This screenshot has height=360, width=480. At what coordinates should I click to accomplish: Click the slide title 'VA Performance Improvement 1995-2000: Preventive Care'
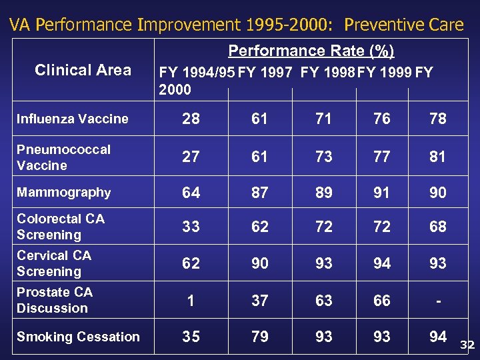pyautogui.click(x=237, y=25)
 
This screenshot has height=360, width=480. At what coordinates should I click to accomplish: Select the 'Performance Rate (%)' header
pyautogui.click(x=311, y=51)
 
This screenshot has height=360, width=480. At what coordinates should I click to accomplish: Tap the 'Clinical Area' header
pyautogui.click(x=83, y=70)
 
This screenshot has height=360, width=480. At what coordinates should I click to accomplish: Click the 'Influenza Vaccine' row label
pyautogui.click(x=73, y=119)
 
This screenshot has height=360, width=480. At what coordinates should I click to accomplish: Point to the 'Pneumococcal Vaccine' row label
pyautogui.click(x=63, y=157)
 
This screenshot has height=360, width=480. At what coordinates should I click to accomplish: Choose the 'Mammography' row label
pyautogui.click(x=64, y=193)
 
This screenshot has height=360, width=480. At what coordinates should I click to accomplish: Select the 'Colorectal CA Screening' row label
pyautogui.click(x=61, y=227)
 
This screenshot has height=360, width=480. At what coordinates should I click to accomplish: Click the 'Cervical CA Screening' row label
pyautogui.click(x=54, y=263)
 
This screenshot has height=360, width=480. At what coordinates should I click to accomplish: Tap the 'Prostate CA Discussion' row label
pyautogui.click(x=55, y=300)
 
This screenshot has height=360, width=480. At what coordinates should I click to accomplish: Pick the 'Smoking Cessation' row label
pyautogui.click(x=78, y=337)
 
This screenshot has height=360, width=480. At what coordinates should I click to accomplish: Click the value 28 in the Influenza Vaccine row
pyautogui.click(x=191, y=119)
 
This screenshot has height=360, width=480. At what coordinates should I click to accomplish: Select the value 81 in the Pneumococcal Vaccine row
pyautogui.click(x=437, y=157)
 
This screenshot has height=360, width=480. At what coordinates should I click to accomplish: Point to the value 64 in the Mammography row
pyautogui.click(x=191, y=193)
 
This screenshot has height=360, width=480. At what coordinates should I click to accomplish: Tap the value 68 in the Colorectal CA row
pyautogui.click(x=437, y=227)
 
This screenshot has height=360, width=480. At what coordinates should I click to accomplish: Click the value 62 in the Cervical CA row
pyautogui.click(x=191, y=263)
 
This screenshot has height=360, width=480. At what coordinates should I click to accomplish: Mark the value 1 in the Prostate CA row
pyautogui.click(x=191, y=301)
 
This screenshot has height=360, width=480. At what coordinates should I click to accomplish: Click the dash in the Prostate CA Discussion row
pyautogui.click(x=437, y=301)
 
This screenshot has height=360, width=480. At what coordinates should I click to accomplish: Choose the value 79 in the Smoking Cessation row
pyautogui.click(x=259, y=337)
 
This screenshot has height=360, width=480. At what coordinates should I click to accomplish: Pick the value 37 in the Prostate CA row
pyautogui.click(x=259, y=301)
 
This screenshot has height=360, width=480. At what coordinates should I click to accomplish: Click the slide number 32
pyautogui.click(x=467, y=345)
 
